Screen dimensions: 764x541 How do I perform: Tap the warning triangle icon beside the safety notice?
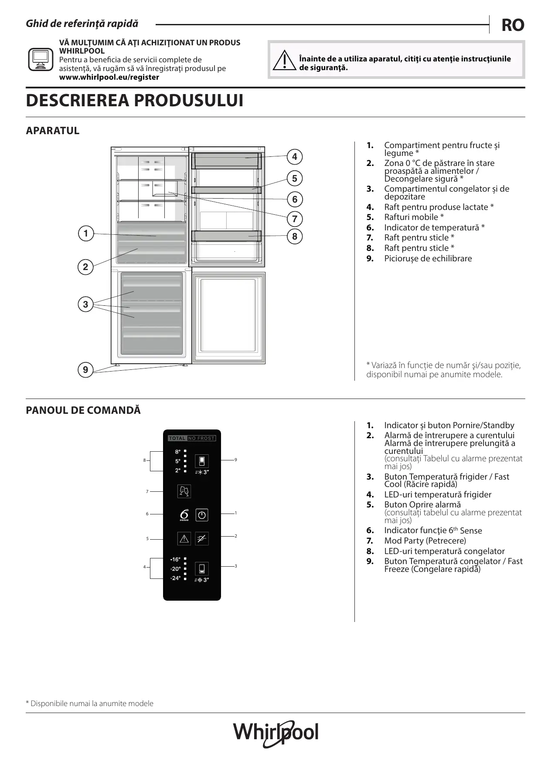coord(284,61)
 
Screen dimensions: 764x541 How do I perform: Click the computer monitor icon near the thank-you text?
coord(40,59)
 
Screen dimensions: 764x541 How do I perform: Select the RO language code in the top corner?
coord(513,25)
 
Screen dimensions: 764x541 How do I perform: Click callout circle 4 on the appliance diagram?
coord(295,157)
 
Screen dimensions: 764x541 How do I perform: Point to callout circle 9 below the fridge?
coord(85,370)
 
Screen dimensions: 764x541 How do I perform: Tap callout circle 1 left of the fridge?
coord(85,233)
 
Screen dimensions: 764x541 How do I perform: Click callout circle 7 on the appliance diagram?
coord(295,219)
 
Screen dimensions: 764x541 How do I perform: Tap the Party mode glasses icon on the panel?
coord(184,491)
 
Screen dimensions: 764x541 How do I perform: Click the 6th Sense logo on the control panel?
coord(184,515)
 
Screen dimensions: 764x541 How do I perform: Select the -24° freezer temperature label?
coord(175,578)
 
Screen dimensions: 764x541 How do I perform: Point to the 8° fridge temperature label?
coord(178,452)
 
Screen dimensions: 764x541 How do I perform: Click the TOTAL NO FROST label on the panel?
coord(192,438)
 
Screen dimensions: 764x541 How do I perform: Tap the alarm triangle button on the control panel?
coord(184,539)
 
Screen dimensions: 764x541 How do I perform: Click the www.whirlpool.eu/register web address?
coord(109,77)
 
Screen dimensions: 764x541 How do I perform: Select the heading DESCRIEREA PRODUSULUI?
coord(134,101)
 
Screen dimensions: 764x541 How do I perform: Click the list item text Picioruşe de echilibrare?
coord(428,258)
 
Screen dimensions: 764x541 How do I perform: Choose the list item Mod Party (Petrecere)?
coord(425,541)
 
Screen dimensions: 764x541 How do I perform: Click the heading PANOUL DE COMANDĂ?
coord(83,410)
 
